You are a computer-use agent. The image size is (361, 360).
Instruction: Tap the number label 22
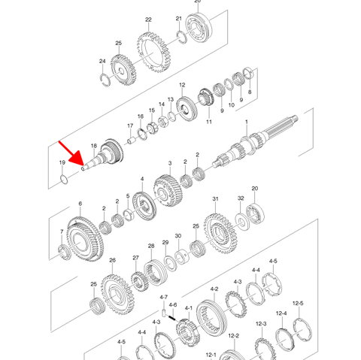click(x=148, y=20)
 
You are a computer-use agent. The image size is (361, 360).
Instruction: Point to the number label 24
click(x=102, y=62)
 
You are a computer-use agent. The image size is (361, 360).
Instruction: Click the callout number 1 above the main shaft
click(x=246, y=122)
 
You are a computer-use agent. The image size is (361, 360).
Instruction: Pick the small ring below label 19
click(x=64, y=179)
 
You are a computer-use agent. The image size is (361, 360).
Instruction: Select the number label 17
click(x=129, y=126)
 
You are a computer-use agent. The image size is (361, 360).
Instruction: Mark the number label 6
click(x=80, y=204)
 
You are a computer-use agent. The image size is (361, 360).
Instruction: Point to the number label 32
click(x=241, y=198)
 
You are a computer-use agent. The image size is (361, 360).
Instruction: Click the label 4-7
click(x=163, y=298)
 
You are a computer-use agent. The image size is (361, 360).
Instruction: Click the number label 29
click(x=165, y=243)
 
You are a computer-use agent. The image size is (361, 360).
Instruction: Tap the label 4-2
click(x=214, y=289)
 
